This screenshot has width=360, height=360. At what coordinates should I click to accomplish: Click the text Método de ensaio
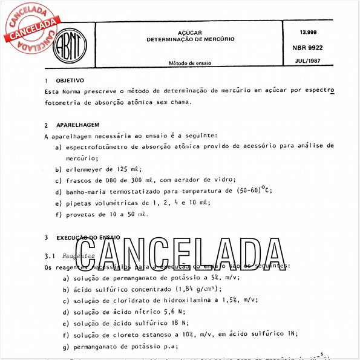pos(190,62)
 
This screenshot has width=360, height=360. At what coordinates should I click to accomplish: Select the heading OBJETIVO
pos(70,80)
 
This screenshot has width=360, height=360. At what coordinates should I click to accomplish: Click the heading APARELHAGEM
pos(78,125)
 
